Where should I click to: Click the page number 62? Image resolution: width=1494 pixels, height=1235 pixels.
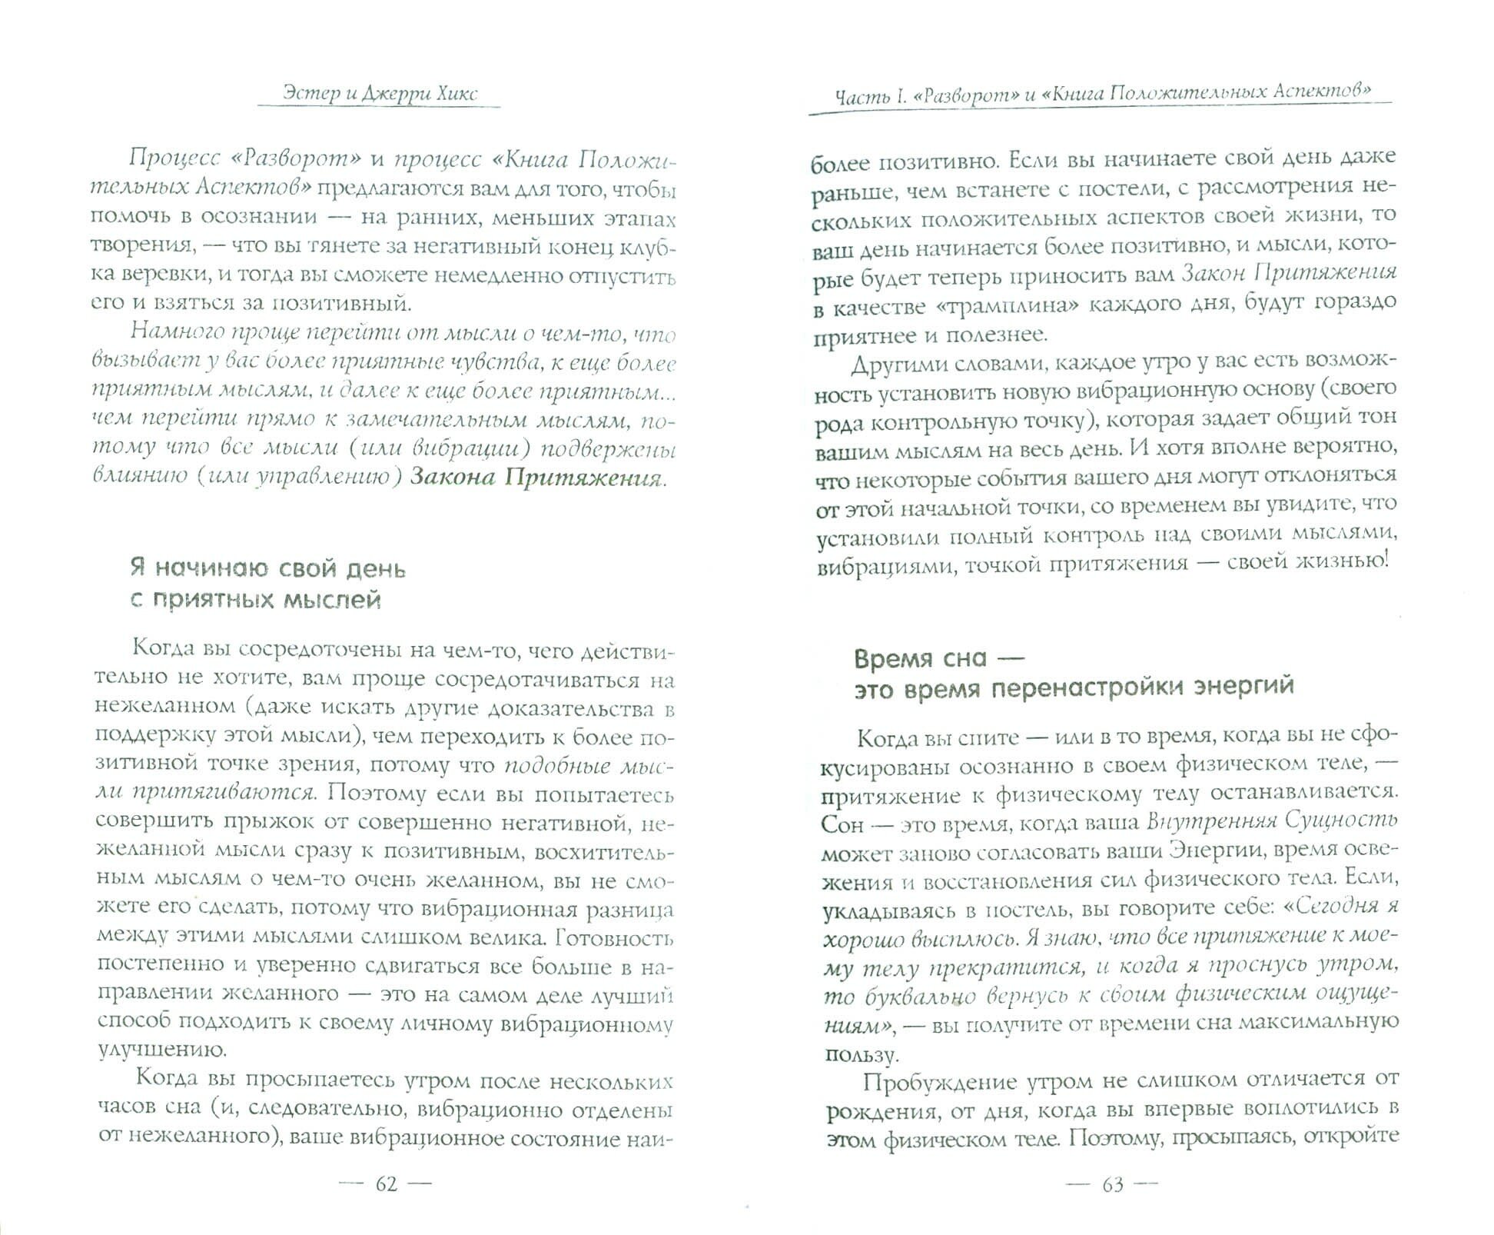pos(387,1183)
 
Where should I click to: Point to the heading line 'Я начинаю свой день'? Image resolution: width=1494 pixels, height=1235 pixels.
pos(267,568)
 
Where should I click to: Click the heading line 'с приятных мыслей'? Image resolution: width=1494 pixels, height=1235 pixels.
pos(255,600)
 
